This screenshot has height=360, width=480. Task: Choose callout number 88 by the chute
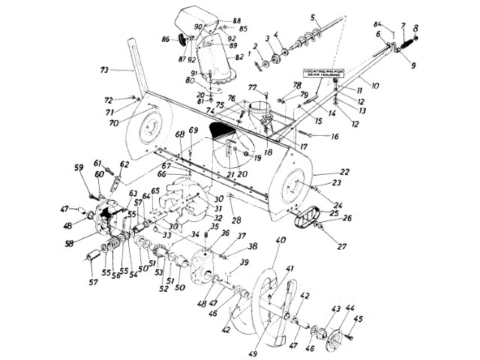[x=216, y=20]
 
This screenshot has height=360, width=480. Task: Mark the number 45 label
[x=358, y=319]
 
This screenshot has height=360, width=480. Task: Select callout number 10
[x=374, y=86]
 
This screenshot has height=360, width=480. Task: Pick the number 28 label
[x=236, y=220]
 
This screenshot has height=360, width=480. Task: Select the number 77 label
[x=253, y=87]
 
